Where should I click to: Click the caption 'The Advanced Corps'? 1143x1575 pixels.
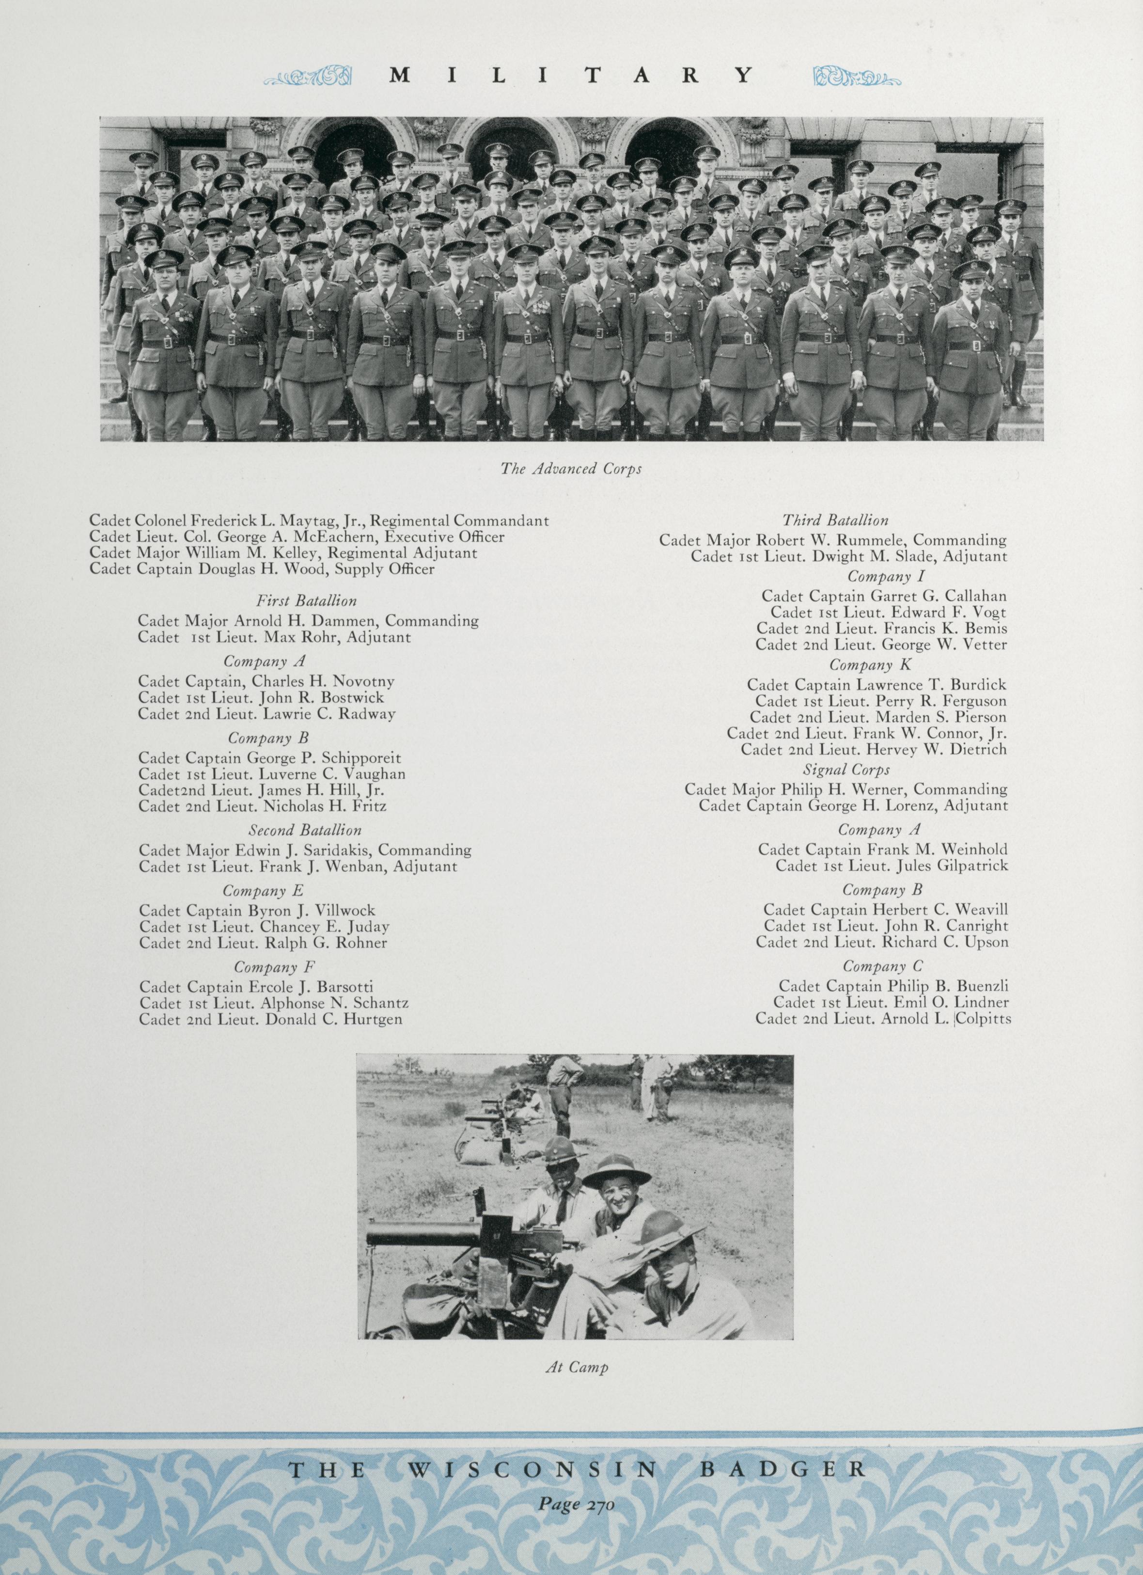(x=571, y=469)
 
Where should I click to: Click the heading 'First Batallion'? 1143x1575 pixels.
(x=306, y=601)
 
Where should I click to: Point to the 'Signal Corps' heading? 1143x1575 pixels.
(x=846, y=770)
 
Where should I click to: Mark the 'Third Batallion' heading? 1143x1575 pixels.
(x=835, y=520)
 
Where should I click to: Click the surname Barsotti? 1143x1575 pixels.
(x=344, y=987)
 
